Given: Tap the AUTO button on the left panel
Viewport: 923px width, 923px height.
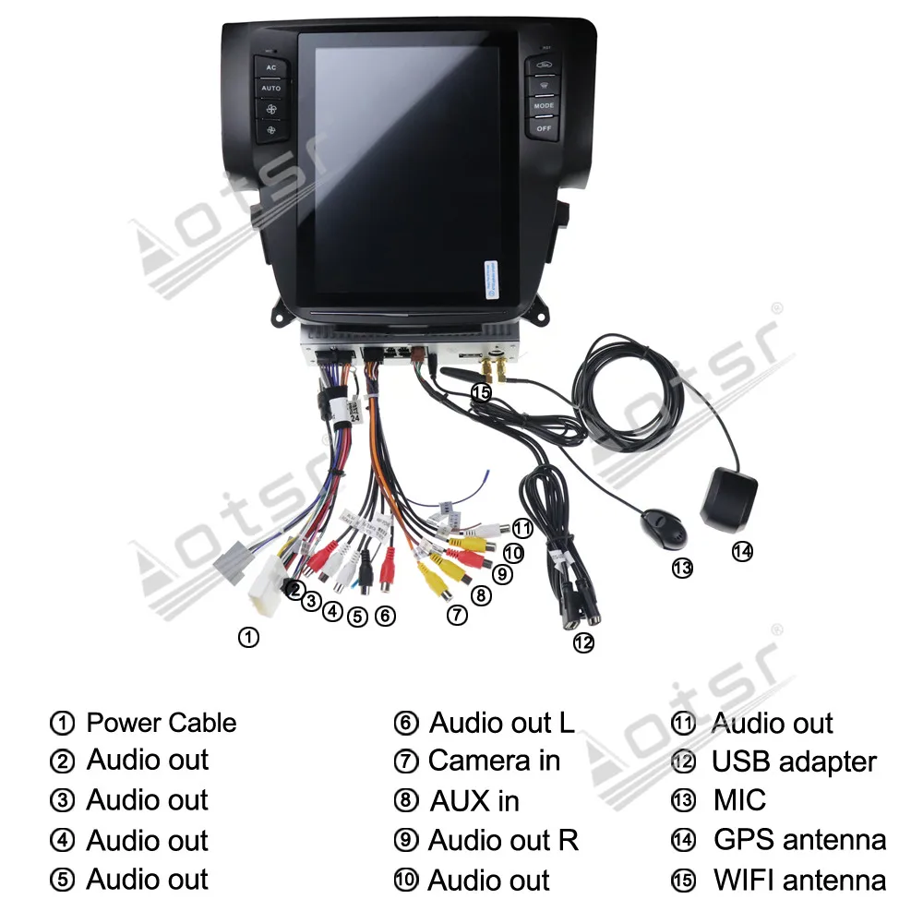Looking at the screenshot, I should click(270, 89).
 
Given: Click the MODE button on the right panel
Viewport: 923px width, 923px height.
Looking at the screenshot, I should click(544, 107).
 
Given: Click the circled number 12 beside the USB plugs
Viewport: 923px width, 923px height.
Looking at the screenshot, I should click(582, 643).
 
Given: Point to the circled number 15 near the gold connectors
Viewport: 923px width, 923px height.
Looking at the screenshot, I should click(481, 392).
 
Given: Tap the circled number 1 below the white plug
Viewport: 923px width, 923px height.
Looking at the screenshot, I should click(248, 637).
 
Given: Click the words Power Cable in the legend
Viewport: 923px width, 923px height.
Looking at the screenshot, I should click(162, 723).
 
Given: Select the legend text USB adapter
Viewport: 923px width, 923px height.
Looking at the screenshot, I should click(794, 762).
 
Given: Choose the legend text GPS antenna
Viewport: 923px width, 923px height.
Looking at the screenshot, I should click(799, 840).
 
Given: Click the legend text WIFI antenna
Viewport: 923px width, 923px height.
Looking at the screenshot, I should click(799, 881).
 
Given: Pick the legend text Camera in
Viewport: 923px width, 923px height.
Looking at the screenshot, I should click(494, 761).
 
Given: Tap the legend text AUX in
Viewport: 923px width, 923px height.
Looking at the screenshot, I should click(474, 801).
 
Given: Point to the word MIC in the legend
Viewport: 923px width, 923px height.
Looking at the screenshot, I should click(739, 800).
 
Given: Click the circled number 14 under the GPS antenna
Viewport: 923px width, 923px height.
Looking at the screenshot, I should click(742, 552).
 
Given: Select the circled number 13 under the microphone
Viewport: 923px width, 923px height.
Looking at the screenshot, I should click(682, 569).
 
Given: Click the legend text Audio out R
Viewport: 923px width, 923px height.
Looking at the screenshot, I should click(503, 841).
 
